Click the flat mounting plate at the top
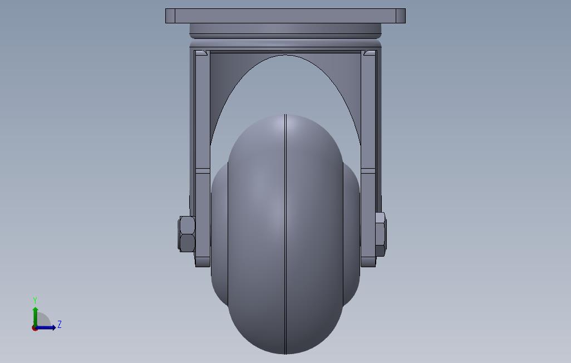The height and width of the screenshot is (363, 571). (x=285, y=16)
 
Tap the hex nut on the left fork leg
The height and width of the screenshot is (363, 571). (x=187, y=234)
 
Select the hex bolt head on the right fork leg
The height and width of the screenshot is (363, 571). (x=381, y=234)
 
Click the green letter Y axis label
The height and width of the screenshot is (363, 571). (x=35, y=300)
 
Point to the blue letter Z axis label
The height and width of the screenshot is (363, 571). (x=60, y=324)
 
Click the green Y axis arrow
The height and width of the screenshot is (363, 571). (x=35, y=317)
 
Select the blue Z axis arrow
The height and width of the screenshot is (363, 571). (x=45, y=328)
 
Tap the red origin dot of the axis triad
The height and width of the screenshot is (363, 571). (x=35, y=328)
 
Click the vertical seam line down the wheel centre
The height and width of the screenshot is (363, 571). (x=285, y=234)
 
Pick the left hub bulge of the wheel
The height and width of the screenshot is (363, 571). (x=220, y=234)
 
